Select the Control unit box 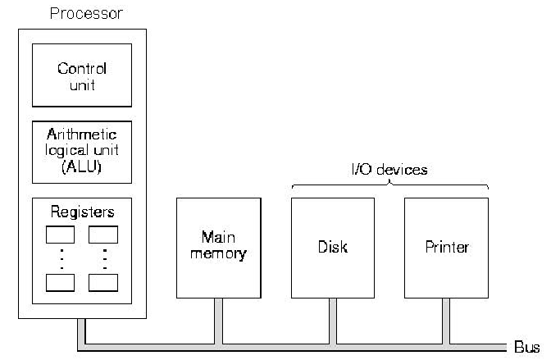(81, 75)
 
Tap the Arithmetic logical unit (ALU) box (81, 152)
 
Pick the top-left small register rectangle (60, 234)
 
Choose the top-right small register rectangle (102, 234)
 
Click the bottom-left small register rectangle (60, 282)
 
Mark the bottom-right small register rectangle (102, 282)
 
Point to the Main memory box (218, 247)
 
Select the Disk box (333, 247)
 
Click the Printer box (446, 247)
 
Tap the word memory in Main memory (218, 254)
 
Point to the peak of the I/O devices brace (390, 183)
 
